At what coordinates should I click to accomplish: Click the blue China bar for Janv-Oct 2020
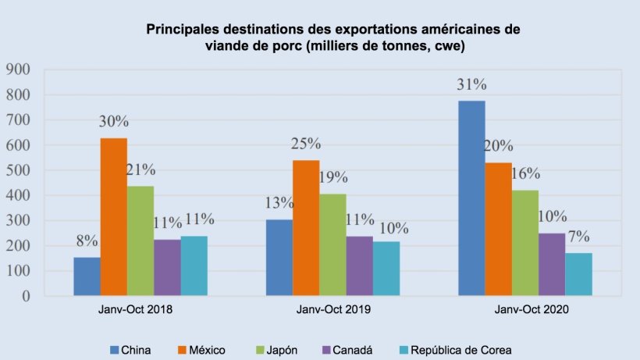click(471, 198)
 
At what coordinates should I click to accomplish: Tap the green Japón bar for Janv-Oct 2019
click(332, 244)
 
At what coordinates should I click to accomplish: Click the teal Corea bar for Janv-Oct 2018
click(194, 266)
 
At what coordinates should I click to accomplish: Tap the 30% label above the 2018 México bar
click(114, 122)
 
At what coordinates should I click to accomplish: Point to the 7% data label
click(578, 237)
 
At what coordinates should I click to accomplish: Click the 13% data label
click(279, 203)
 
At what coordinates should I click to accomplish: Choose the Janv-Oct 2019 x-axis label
click(333, 310)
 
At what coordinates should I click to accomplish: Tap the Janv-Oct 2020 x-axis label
click(525, 310)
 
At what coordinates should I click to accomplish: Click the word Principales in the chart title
click(179, 30)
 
